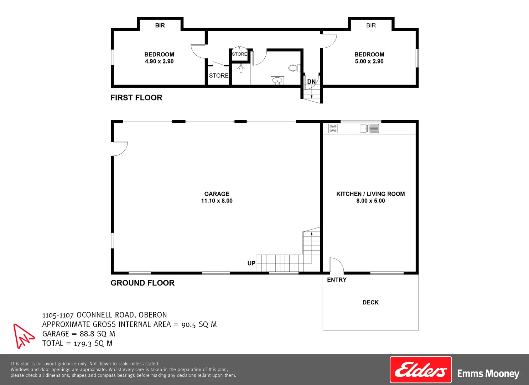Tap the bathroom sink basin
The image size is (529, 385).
pos(277,81)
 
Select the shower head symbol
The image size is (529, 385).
pos(241,67)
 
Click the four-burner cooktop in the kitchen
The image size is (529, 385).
pos(333,128)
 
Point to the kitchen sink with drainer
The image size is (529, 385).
pos(369,128)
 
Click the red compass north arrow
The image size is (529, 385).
pos(23,335)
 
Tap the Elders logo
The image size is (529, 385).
pos(421,370)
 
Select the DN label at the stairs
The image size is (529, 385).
pos(311,82)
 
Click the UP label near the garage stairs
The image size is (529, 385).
pos(251,263)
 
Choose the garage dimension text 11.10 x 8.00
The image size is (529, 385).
pos(217,201)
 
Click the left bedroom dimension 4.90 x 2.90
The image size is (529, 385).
pos(159,61)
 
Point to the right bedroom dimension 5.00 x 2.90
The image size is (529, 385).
pos(369,61)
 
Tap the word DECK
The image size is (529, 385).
pos(370,302)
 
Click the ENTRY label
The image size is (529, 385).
pos(337,280)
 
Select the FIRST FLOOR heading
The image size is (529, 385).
pos(136,98)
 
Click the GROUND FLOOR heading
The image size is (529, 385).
pos(142,283)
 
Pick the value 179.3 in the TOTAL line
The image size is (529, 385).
pos(83,344)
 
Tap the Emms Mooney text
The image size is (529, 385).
pos(488,374)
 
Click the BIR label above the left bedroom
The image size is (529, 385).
pos(160,25)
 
